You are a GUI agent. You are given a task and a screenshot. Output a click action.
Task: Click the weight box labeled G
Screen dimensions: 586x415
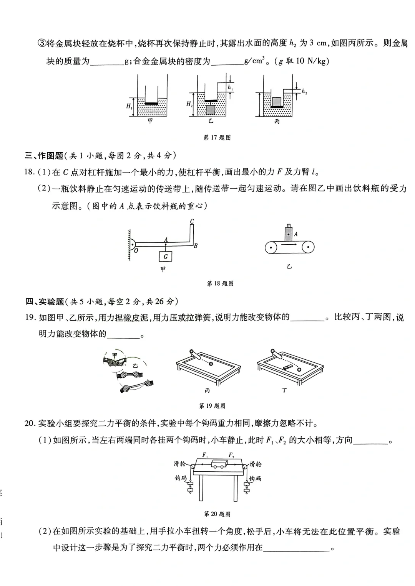[x=166, y=256]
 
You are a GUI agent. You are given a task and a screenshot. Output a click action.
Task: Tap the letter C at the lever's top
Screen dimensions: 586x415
[x=192, y=221]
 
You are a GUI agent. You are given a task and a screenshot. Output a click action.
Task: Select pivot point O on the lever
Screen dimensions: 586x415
[x=136, y=250]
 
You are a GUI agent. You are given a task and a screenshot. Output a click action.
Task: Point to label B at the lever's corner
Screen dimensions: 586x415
[x=196, y=245]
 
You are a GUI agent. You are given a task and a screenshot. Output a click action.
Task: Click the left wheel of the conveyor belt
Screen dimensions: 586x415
[x=271, y=247]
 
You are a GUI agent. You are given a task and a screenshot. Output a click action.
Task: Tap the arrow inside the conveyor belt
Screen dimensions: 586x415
[x=290, y=244]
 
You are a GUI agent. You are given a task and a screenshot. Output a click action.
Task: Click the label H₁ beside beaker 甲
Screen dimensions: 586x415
[x=129, y=106]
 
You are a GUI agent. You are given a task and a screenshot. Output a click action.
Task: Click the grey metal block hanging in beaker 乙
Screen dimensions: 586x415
[x=210, y=110]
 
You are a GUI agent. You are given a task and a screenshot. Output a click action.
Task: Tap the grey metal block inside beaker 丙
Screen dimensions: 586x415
[x=276, y=102]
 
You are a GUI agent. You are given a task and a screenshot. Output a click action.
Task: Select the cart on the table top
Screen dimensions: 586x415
[x=219, y=464]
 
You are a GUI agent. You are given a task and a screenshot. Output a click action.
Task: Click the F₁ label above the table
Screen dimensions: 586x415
[x=205, y=455]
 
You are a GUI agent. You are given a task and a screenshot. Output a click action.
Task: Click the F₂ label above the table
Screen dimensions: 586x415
[x=231, y=455]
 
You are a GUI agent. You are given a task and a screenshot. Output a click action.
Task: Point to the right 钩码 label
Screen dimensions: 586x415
[x=255, y=478]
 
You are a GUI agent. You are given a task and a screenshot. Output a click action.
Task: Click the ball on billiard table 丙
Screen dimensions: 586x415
[x=210, y=364]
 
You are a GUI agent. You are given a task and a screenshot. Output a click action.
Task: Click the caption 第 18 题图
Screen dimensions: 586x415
[x=220, y=283]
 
